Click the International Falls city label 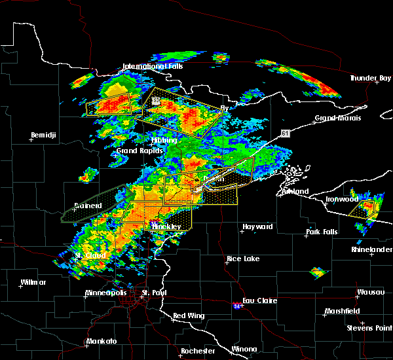tap(153, 66)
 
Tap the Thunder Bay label tap(370, 78)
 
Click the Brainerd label tap(87, 206)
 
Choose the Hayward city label tap(257, 226)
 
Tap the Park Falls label tap(322, 232)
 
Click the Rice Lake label tap(243, 259)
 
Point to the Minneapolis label tap(107, 293)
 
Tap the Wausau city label tap(371, 292)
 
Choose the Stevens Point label tap(368, 327)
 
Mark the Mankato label tap(101, 341)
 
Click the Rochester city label tap(198, 351)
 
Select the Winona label tap(245, 348)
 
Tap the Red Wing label tap(189, 315)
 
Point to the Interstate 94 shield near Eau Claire tap(236, 305)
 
